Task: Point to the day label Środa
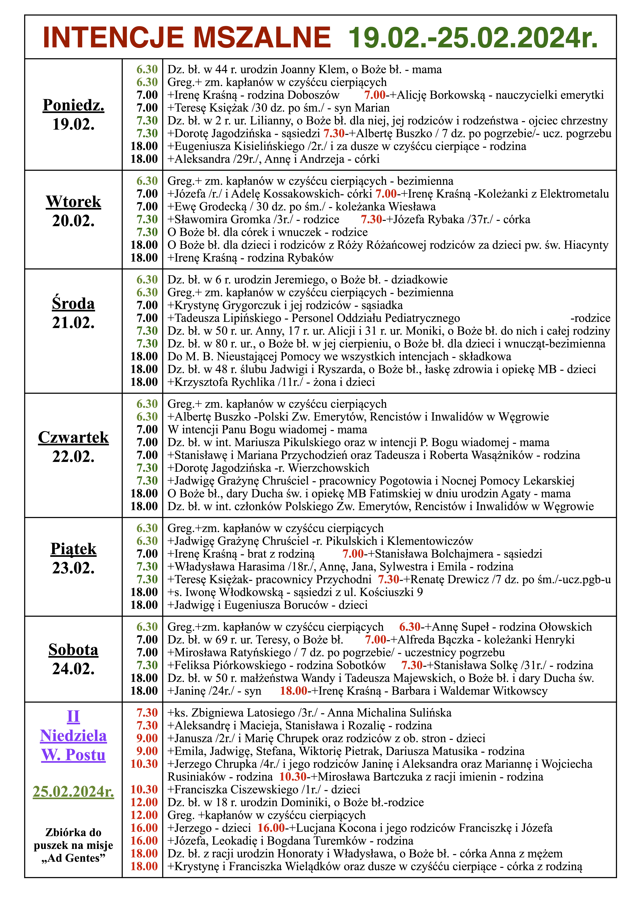coord(73,303)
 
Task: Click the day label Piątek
coord(73,549)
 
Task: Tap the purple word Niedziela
coord(73,736)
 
